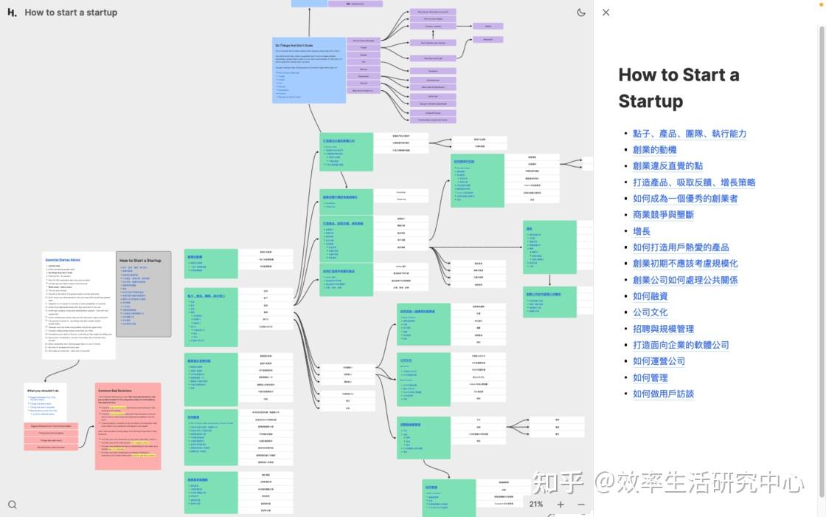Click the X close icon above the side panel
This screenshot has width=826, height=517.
click(x=606, y=13)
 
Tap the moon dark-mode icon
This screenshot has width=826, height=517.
click(x=581, y=13)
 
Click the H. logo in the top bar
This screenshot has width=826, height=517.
click(x=12, y=13)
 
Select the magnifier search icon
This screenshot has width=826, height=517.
click(x=13, y=505)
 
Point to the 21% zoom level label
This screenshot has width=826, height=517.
click(x=536, y=504)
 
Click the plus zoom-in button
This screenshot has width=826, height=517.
click(x=560, y=504)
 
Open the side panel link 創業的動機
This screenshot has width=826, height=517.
click(x=654, y=150)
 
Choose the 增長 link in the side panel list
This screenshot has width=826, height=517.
click(x=642, y=231)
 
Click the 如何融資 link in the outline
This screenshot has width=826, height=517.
click(x=650, y=296)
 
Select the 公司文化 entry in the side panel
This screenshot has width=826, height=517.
click(x=650, y=312)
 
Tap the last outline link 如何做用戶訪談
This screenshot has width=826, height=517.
click(x=663, y=394)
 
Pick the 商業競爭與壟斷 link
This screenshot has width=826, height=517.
click(x=663, y=215)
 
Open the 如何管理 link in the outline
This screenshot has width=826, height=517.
click(x=650, y=377)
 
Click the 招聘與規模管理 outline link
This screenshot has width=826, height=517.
click(x=663, y=329)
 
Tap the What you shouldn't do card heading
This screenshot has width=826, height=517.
click(x=44, y=391)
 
